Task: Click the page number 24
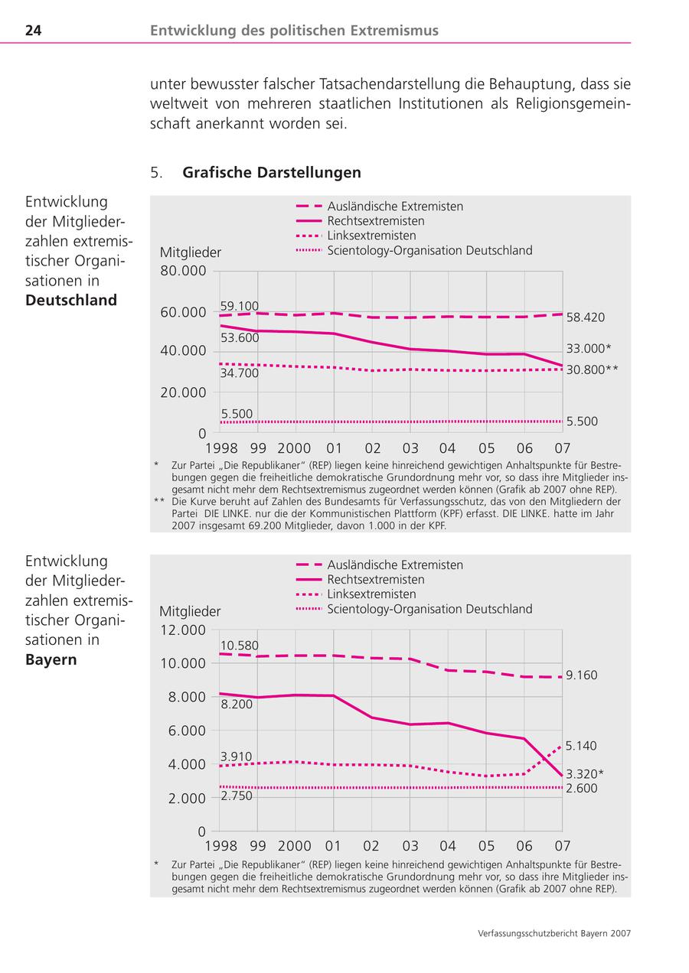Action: [x=33, y=31]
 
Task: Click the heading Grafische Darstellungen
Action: [x=271, y=173]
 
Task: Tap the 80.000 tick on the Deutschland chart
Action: [x=183, y=271]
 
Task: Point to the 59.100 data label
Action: [x=239, y=306]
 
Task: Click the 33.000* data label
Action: [x=588, y=348]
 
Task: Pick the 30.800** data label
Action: [x=592, y=369]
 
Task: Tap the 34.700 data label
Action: [x=239, y=373]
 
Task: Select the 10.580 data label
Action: [x=239, y=645]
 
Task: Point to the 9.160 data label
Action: [x=582, y=675]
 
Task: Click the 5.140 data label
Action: [x=581, y=746]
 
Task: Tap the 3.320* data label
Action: [x=585, y=773]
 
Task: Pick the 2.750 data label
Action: [x=236, y=796]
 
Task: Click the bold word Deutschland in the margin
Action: [x=71, y=300]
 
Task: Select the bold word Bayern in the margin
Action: [x=51, y=659]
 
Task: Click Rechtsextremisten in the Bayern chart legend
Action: [x=375, y=580]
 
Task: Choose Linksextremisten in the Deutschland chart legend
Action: [x=371, y=236]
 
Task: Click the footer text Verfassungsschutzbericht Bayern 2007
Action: [x=553, y=933]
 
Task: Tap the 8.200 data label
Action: [x=236, y=704]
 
